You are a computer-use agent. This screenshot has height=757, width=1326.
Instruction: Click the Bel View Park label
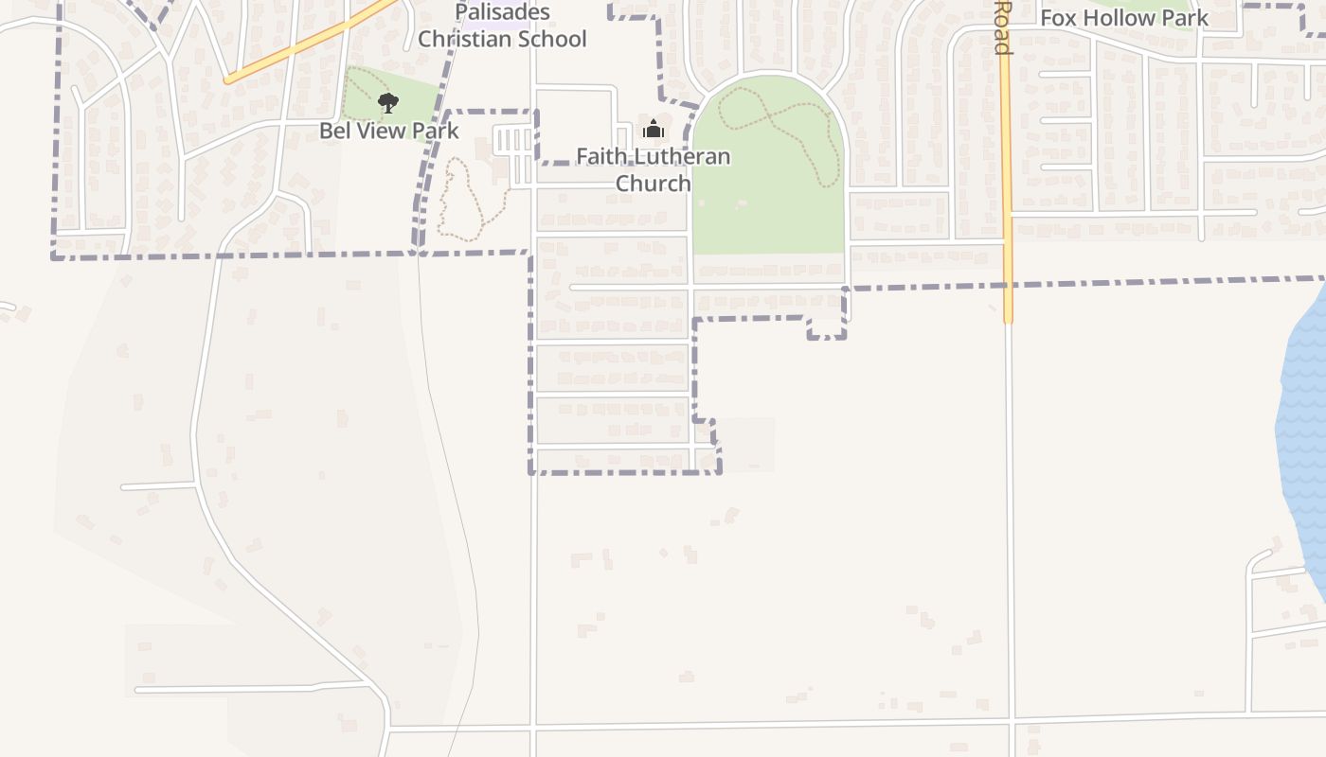pos(388,131)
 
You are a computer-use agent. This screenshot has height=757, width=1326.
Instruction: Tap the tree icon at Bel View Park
pos(387,103)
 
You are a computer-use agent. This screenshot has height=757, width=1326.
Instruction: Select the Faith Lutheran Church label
pos(654,169)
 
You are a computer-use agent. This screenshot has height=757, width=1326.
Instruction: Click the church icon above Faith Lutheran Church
pos(653,129)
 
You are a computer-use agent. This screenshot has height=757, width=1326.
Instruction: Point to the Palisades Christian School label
pos(502,26)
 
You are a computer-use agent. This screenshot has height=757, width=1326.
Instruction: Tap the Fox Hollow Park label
pos(1124,18)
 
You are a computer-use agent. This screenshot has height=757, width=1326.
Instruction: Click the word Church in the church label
pos(654,183)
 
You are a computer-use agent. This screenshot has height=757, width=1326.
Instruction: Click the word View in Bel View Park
pos(382,131)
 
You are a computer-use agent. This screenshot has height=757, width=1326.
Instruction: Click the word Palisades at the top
pos(502,12)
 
